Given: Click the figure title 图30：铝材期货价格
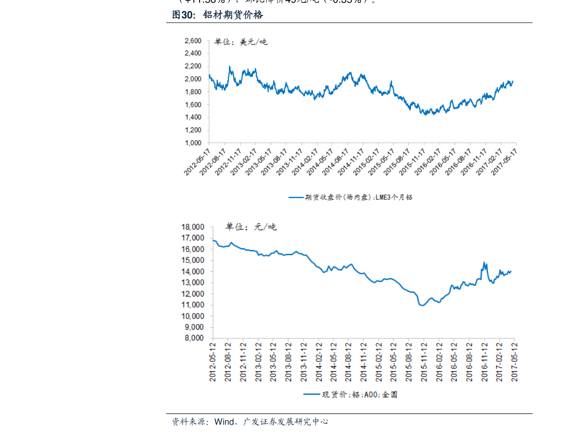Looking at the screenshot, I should [218, 15].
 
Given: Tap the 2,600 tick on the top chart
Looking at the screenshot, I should [193, 41].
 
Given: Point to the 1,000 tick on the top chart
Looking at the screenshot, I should [193, 143].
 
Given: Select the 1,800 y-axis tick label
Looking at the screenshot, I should [193, 92].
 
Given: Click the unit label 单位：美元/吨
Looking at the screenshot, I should [241, 42].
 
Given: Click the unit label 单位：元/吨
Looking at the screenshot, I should [251, 227].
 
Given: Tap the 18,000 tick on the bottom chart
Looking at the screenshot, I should [192, 227].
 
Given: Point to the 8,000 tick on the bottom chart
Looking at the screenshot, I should [194, 338].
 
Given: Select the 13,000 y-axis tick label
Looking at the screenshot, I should [192, 283].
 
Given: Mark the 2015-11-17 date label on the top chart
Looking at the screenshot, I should [412, 161].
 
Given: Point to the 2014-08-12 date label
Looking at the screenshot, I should [349, 362].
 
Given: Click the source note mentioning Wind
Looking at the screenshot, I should [250, 422].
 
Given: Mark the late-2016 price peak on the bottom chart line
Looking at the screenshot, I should [484, 262].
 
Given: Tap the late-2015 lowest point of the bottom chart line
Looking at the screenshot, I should [423, 306].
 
